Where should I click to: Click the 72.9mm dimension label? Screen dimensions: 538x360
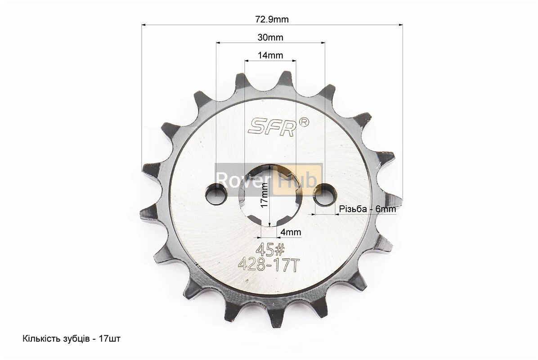click(272, 19)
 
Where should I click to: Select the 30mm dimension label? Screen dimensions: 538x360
click(270, 37)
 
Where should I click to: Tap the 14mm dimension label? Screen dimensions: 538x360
click(270, 55)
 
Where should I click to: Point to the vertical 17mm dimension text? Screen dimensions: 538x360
click(264, 194)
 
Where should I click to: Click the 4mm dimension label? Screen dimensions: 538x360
click(291, 232)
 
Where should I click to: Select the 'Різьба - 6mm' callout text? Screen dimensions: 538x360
click(368, 209)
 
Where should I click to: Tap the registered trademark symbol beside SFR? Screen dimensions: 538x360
click(305, 122)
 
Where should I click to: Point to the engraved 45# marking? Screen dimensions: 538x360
click(270, 249)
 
